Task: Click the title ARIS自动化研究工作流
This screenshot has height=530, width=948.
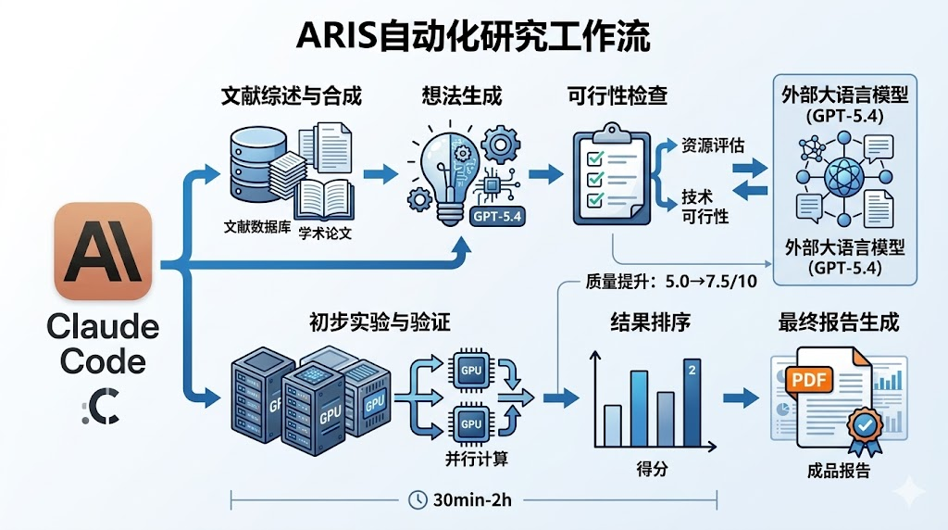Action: tap(473, 37)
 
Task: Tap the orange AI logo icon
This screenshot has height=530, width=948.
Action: tap(103, 251)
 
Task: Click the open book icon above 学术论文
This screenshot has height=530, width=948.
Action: tap(323, 198)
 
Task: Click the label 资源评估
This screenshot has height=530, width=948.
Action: tap(712, 145)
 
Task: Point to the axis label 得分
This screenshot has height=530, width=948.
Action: tap(652, 467)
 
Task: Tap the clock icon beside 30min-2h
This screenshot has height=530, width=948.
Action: tap(418, 499)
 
